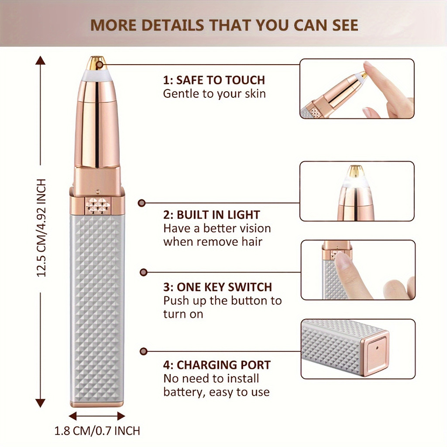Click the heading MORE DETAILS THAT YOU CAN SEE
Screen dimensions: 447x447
click(x=224, y=25)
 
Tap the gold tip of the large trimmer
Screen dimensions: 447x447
click(x=96, y=63)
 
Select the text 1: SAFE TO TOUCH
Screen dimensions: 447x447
click(x=214, y=80)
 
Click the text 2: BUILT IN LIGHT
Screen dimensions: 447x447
click(x=211, y=215)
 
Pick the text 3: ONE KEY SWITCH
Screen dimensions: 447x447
click(x=217, y=287)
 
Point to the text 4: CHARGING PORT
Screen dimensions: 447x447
click(x=217, y=365)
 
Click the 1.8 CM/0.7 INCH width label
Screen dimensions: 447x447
click(x=97, y=431)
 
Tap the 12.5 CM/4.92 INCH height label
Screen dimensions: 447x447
click(x=41, y=228)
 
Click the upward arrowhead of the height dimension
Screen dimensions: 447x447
click(x=41, y=60)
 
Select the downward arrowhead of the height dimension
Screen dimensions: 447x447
click(x=41, y=403)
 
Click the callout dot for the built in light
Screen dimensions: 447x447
click(x=142, y=203)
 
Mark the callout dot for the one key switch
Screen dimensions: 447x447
click(x=144, y=272)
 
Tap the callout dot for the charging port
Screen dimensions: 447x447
click(x=144, y=351)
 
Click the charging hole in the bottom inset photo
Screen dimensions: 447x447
click(x=377, y=348)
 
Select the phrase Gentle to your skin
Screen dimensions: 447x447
click(x=214, y=94)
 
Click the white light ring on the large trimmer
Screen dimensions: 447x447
click(x=96, y=75)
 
